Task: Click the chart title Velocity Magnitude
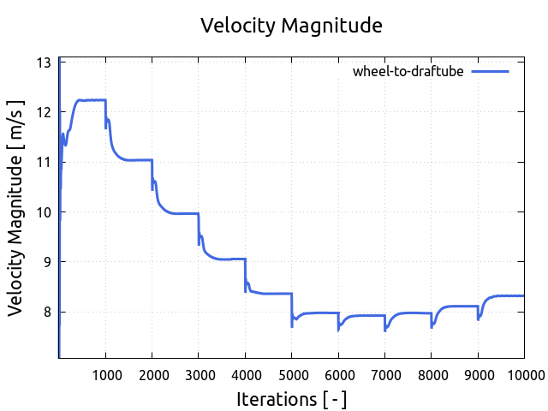pos(291,26)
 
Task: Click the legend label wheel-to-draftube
pos(408,72)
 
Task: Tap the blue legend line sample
pos(490,72)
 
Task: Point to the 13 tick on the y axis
pos(43,63)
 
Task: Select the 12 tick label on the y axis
pos(43,112)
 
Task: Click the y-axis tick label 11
pos(43,162)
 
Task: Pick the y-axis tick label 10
pos(43,211)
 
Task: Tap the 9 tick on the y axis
pos(47,261)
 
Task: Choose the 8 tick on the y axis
pos(47,312)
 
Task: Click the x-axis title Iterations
pos(291,399)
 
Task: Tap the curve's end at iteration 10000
pos(522,295)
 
